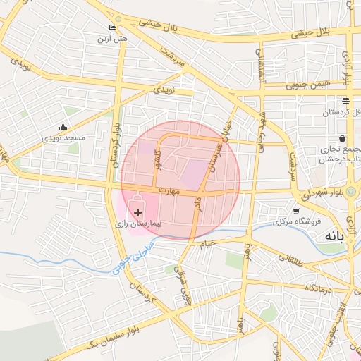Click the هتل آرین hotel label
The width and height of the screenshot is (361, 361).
(112, 39)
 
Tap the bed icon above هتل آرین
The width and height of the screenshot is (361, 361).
(112, 28)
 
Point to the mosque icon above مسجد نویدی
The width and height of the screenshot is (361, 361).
(63, 128)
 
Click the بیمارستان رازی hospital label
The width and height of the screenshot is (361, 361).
(139, 223)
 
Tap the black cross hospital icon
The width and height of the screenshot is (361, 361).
(137, 211)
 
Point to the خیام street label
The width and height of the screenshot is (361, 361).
(207, 243)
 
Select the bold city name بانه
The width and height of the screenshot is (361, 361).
(331, 236)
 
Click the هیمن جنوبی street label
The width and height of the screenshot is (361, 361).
(308, 85)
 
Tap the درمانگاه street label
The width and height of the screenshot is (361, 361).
(319, 288)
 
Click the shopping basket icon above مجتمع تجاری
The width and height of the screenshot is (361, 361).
(342, 138)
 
